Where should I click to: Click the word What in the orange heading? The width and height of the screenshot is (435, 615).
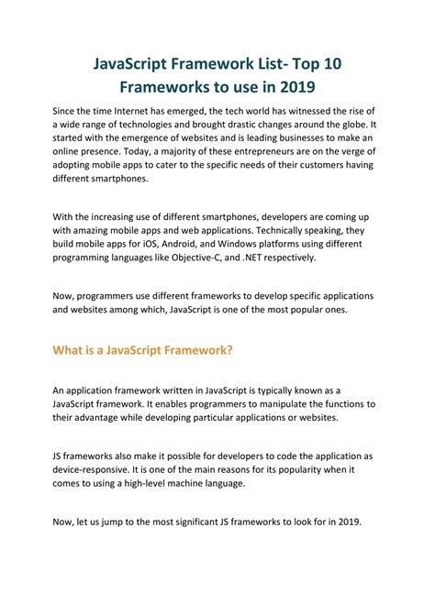[69, 349]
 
